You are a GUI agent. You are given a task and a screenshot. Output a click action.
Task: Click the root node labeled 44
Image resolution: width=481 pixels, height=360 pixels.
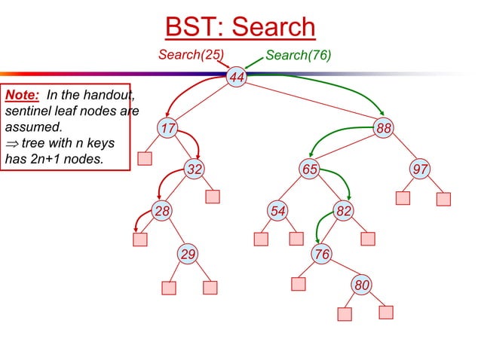click(237, 78)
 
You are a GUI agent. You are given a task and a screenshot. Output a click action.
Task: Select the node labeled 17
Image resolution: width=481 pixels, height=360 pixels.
click(167, 128)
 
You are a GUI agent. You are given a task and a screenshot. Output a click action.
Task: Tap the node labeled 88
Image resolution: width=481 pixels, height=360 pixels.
click(384, 128)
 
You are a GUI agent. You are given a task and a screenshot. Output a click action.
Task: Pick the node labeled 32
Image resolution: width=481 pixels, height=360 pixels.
click(195, 169)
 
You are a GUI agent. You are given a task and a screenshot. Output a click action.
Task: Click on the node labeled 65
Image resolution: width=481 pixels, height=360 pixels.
click(309, 169)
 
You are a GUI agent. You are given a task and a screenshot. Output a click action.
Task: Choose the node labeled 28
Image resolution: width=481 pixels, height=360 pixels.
click(162, 211)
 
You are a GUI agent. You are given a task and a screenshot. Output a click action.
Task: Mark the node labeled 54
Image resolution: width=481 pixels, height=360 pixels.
click(278, 211)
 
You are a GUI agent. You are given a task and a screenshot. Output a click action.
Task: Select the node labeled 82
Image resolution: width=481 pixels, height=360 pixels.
click(343, 211)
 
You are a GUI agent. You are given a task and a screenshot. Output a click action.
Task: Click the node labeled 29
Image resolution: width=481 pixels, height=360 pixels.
click(188, 255)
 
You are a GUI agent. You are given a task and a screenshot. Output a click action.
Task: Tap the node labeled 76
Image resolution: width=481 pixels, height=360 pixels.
click(322, 255)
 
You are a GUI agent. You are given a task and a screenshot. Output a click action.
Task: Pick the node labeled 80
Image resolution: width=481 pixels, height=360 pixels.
click(362, 285)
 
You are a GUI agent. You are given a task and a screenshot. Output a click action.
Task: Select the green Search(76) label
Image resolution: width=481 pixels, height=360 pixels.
click(299, 55)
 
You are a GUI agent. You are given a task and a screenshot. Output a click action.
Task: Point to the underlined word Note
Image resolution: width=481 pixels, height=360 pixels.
click(22, 96)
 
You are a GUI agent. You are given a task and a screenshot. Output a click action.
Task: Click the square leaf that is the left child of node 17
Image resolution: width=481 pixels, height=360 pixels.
click(145, 158)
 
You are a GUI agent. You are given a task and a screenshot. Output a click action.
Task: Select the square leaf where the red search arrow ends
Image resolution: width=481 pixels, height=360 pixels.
click(140, 239)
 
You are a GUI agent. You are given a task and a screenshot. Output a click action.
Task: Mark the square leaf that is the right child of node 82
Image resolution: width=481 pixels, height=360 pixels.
click(368, 239)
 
